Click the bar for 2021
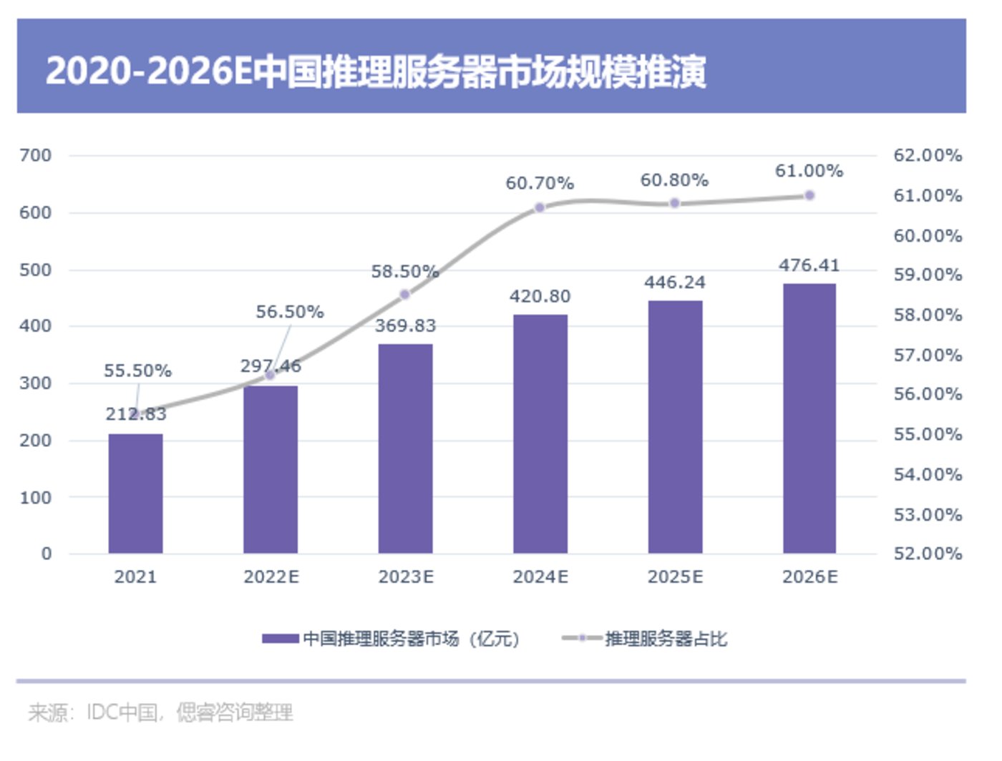coord(136,494)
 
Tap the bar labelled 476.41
coord(809,418)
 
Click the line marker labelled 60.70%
coord(540,207)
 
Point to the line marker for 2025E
coord(674,204)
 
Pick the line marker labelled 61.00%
coord(809,195)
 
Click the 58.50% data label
coord(404,272)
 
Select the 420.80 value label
coord(540,296)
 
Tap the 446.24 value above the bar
coord(675,283)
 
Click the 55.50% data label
coord(137,370)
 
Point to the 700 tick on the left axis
coord(36,155)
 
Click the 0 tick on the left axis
coord(47,554)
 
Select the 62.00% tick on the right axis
coord(928,155)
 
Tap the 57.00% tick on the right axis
coord(928,355)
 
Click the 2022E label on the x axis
coord(271,577)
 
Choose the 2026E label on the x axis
coord(809,577)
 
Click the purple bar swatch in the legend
coord(281,639)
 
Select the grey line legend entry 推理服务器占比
coord(666,639)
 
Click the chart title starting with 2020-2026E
coord(376,72)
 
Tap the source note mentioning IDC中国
coord(161,712)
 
